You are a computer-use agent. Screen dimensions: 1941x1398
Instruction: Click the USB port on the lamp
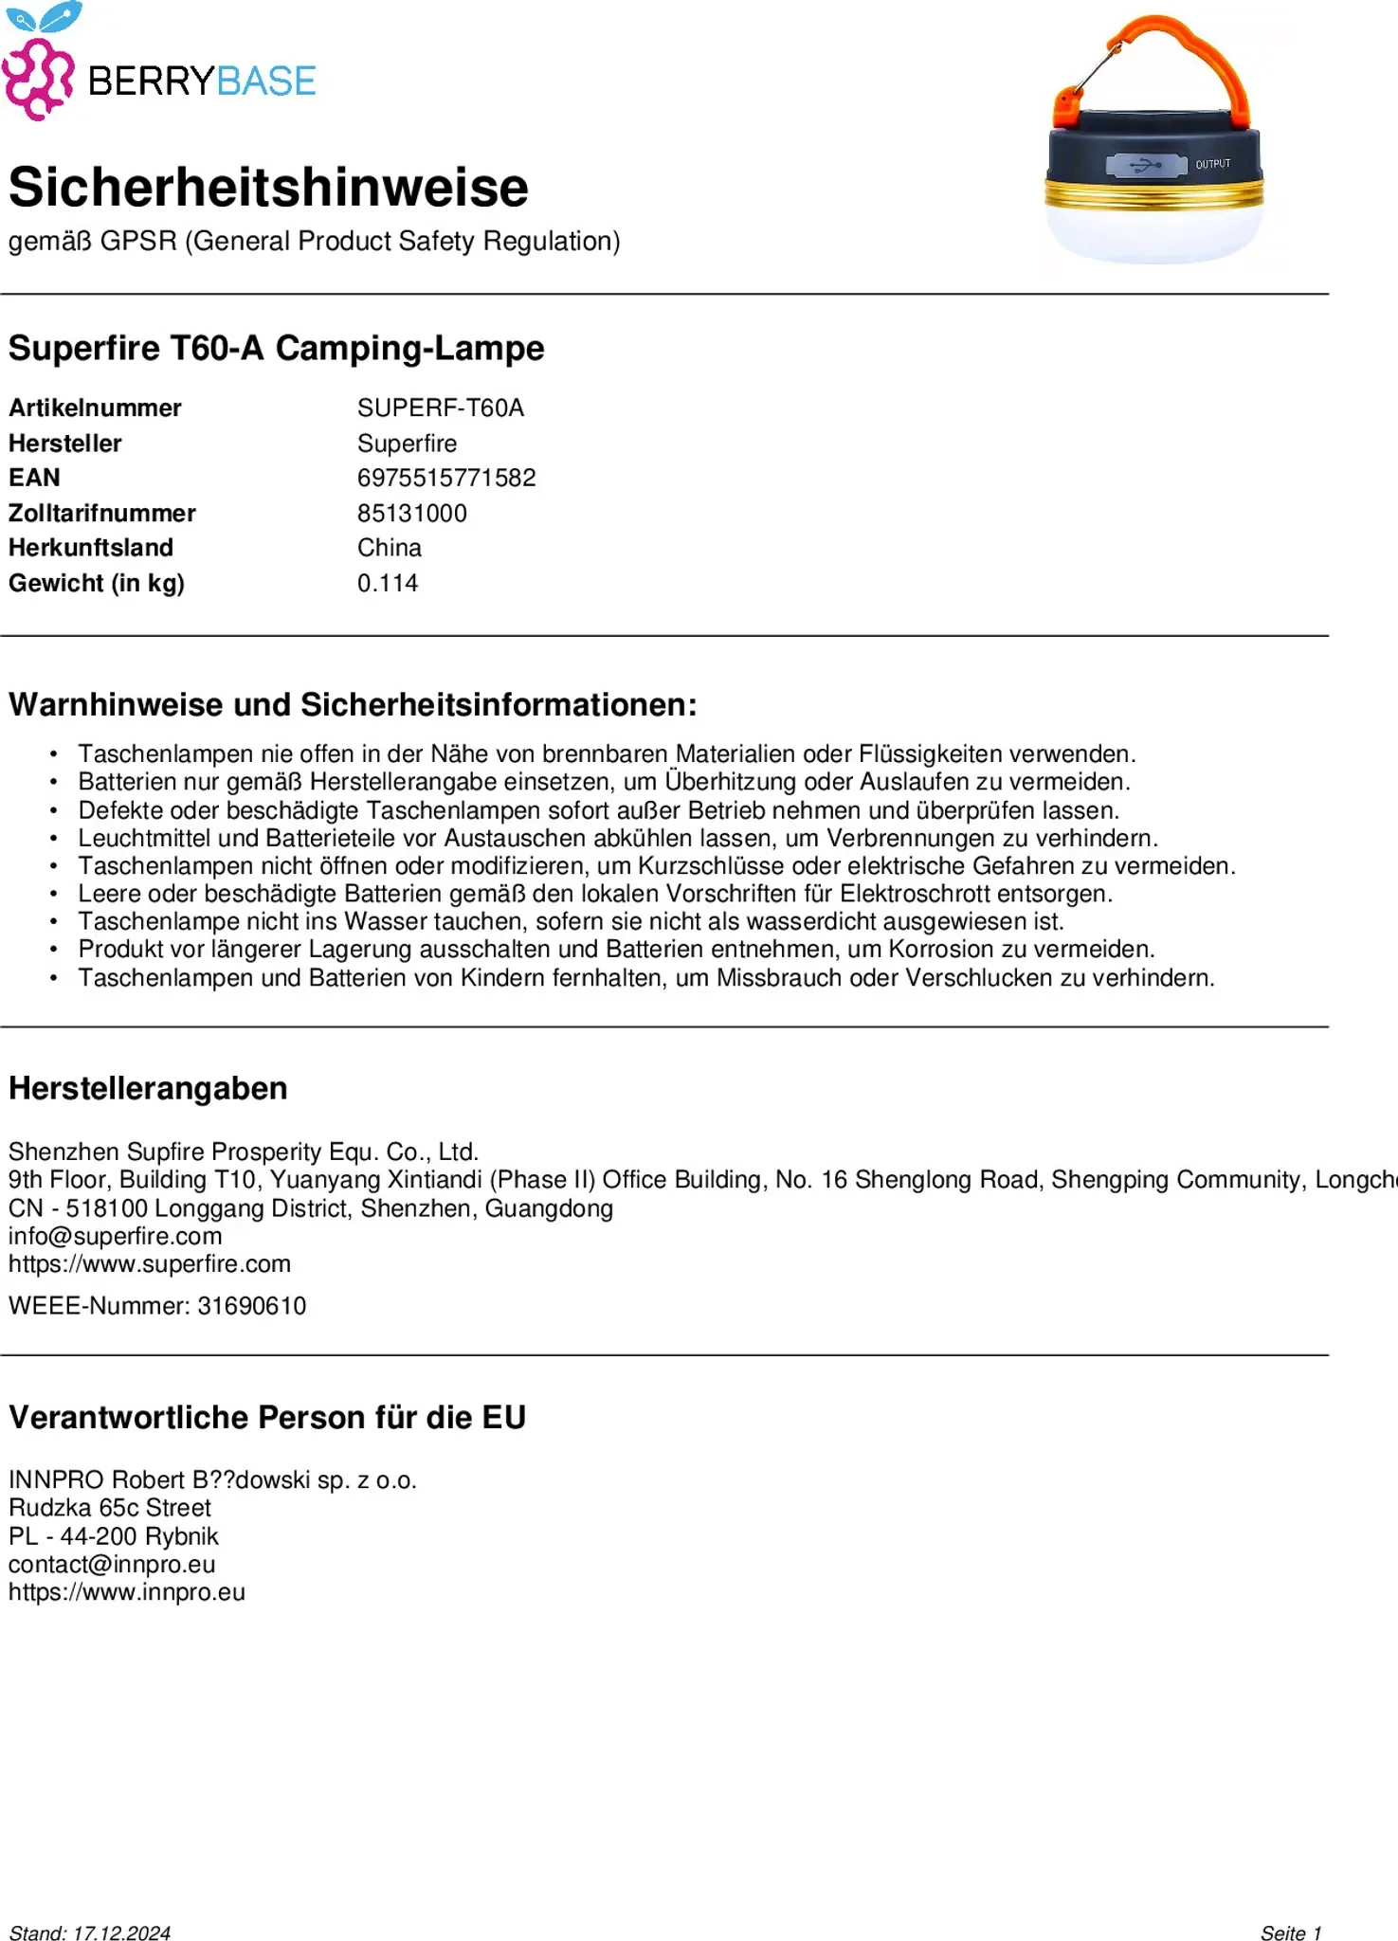(1146, 166)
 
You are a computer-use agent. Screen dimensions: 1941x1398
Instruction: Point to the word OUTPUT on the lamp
(1212, 165)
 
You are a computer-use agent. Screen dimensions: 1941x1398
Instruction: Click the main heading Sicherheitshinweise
(268, 188)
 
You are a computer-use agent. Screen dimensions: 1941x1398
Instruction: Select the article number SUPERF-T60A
(440, 408)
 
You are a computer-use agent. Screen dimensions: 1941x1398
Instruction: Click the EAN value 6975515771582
(446, 478)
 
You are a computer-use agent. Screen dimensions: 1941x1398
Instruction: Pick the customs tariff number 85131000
(412, 514)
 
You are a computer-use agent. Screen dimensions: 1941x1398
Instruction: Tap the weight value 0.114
(388, 583)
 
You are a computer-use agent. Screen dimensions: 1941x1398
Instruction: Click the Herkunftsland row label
(91, 548)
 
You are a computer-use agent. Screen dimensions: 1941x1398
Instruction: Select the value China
(390, 548)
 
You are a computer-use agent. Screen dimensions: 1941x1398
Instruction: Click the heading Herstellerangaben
(148, 1089)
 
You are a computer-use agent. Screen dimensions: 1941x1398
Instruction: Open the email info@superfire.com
(116, 1236)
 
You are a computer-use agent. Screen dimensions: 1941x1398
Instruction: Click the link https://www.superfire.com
(150, 1264)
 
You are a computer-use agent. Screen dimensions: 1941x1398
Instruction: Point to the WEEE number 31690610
(251, 1306)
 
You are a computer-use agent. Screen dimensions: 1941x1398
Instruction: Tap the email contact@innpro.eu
(112, 1564)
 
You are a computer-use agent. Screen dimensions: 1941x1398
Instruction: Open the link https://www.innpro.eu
(127, 1592)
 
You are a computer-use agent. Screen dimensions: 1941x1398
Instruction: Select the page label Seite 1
(1290, 1932)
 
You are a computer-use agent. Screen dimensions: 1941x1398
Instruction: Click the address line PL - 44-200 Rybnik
(114, 1536)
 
